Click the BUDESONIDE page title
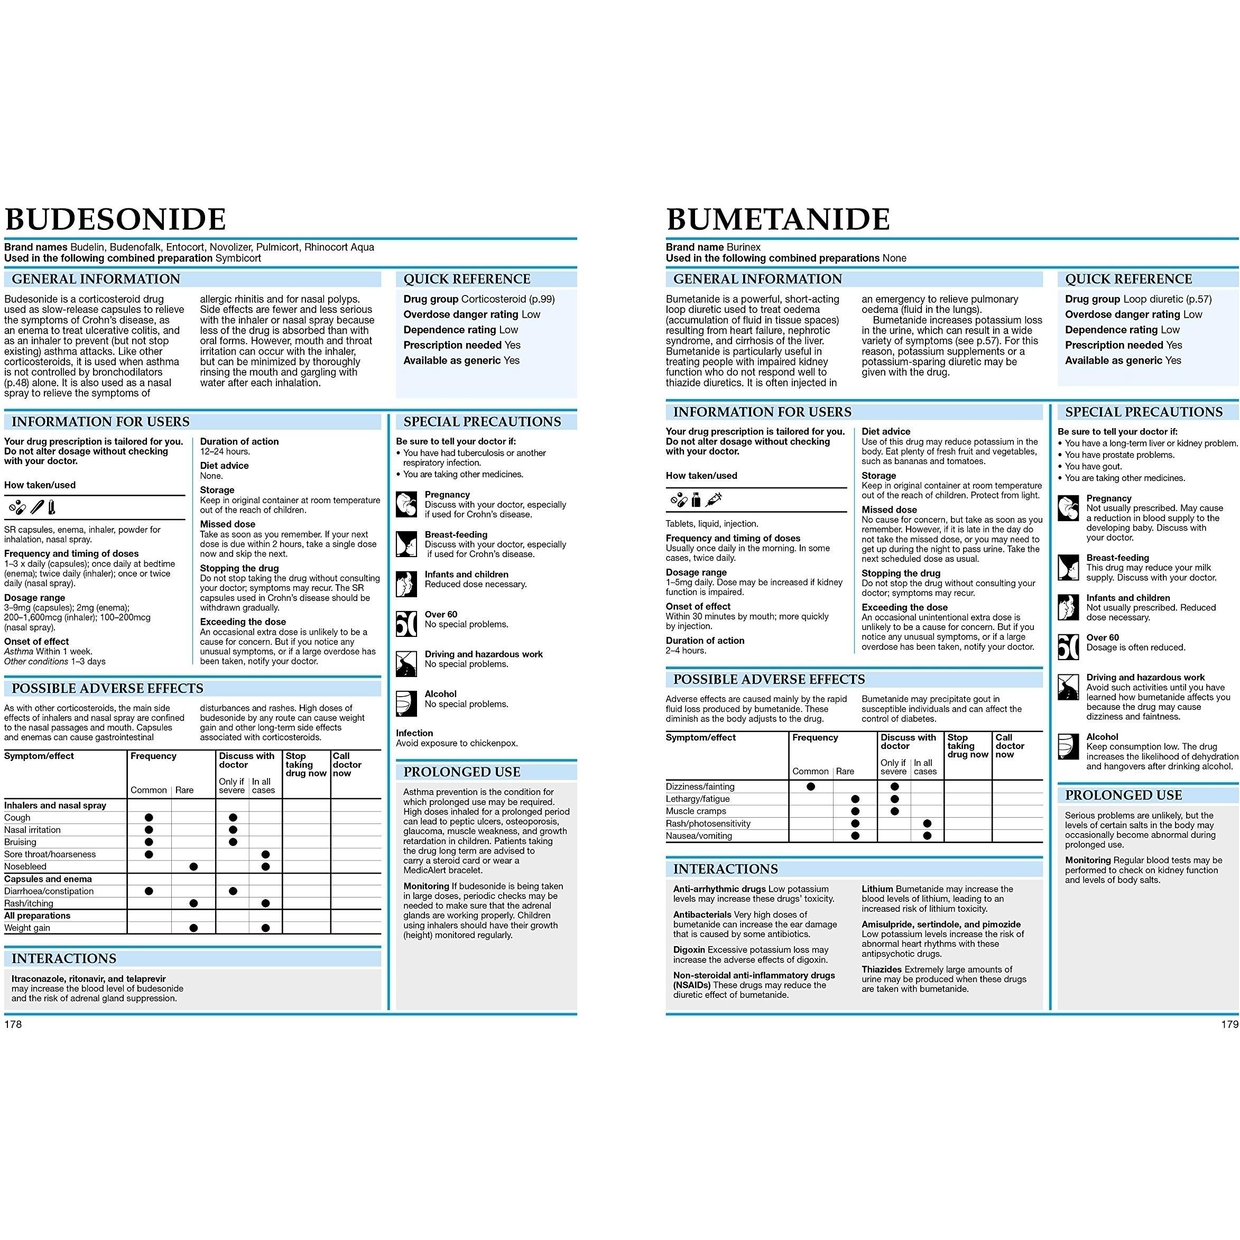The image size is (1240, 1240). coord(116,219)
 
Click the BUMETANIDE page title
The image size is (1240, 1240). coord(778,219)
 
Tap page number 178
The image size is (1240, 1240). coord(13,1024)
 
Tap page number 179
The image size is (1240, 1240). coord(1229,1024)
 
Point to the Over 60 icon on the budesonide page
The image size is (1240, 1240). coord(406,623)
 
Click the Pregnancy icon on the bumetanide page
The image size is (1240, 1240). coord(1068,508)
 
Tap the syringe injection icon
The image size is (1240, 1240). coord(713,499)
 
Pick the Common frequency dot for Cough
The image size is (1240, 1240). coord(149,818)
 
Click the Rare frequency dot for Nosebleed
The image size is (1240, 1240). coord(194,866)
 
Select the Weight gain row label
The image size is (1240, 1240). coord(27,928)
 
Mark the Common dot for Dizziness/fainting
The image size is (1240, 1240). coord(811,786)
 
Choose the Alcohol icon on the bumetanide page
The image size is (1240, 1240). coord(1068,746)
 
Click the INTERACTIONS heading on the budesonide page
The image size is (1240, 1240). coord(64,958)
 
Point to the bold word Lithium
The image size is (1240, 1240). coord(877,889)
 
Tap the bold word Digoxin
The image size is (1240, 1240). coord(689,949)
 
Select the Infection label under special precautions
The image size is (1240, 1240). coord(414,733)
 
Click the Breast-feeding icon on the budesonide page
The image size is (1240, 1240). coord(406,543)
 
